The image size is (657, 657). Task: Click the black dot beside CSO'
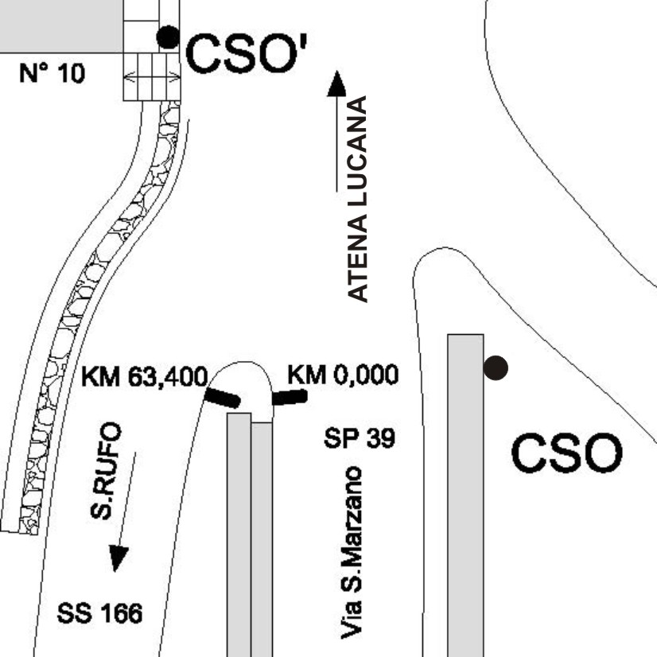168,37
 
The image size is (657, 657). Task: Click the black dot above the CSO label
496,368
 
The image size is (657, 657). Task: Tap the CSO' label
247,53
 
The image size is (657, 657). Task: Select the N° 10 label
52,73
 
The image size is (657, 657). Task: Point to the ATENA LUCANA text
358,199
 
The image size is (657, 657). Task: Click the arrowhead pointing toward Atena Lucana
336,84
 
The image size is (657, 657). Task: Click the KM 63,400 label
145,376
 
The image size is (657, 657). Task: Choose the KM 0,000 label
343,374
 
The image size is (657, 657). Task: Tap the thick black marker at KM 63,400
223,398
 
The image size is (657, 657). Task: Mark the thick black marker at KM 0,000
290,397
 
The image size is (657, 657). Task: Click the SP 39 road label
360,438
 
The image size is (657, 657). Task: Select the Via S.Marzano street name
351,553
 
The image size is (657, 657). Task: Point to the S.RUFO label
106,471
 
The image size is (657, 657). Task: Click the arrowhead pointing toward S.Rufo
118,558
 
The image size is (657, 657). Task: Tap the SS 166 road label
99,613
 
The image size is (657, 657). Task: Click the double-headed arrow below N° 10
153,76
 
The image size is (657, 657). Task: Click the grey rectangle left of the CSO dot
465,496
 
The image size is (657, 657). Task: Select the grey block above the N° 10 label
61,26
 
